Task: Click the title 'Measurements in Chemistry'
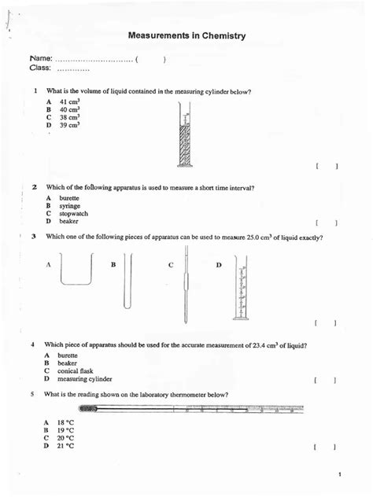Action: point(186,35)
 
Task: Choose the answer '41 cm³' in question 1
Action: point(69,102)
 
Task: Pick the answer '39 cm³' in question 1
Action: point(69,126)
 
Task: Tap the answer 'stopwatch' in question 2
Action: point(73,213)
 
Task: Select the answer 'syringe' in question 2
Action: point(69,206)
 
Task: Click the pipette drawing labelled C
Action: point(186,285)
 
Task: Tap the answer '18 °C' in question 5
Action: point(65,422)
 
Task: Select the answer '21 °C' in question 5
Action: point(65,446)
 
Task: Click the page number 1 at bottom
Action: point(339,474)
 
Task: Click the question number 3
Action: point(33,237)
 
